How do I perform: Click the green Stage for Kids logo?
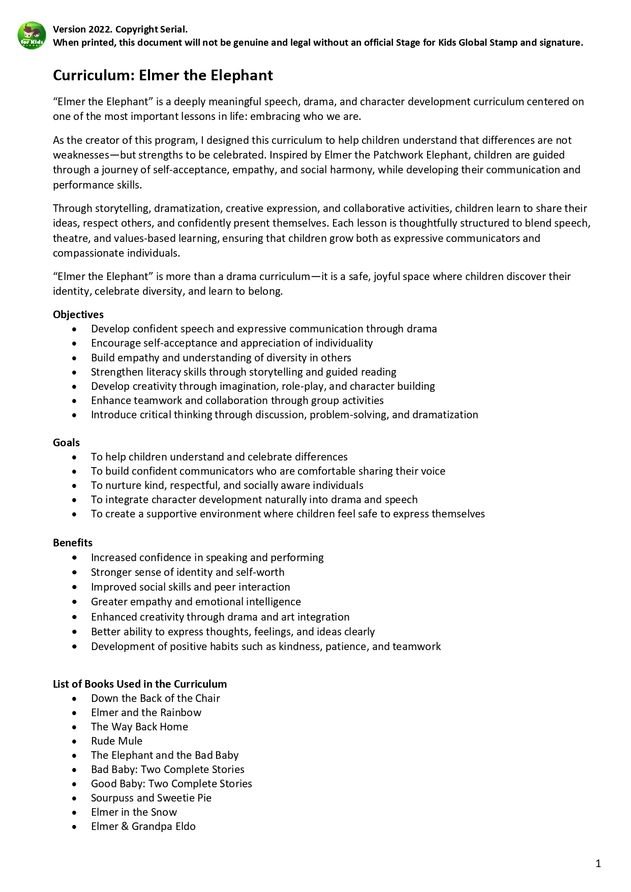tap(32, 36)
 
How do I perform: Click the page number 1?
tap(598, 863)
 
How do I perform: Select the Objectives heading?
tap(78, 315)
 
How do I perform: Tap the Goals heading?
tap(66, 443)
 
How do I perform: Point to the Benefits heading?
tap(73, 543)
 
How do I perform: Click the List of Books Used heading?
tap(140, 684)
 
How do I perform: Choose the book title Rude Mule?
tap(116, 741)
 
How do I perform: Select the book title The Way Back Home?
tap(139, 727)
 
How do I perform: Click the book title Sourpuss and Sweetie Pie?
tap(151, 798)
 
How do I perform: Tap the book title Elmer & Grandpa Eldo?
tap(143, 826)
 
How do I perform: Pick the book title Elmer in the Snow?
tap(134, 812)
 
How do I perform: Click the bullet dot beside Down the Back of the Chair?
tap(75, 699)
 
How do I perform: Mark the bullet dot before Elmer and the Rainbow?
tap(75, 713)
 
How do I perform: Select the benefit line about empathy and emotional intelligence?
tap(196, 602)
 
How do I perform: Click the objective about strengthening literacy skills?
tap(244, 372)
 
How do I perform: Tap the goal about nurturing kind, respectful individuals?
tap(227, 485)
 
